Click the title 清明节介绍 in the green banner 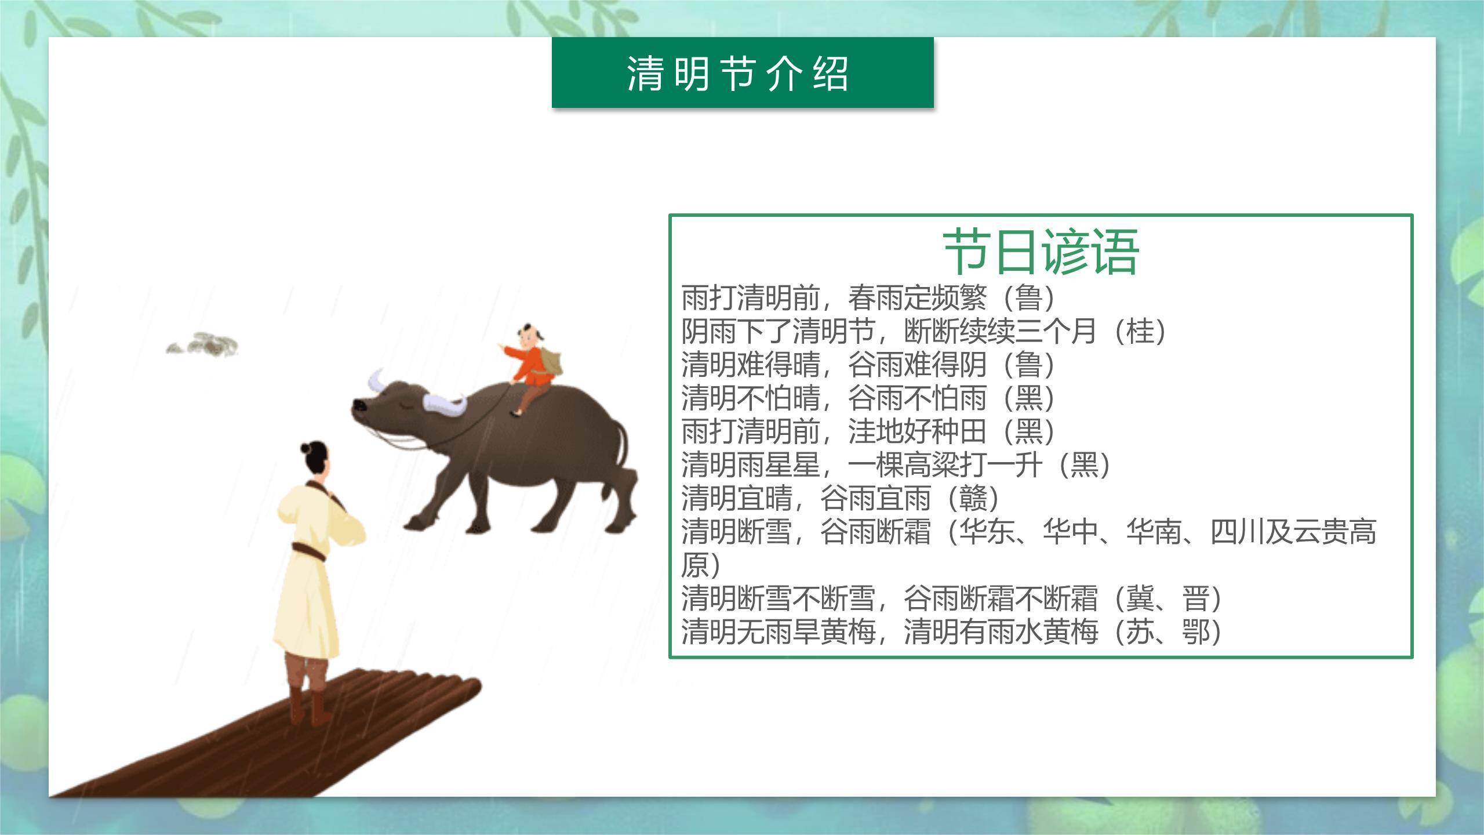click(x=737, y=74)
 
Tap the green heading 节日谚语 click(x=1041, y=252)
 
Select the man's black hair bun click(x=307, y=447)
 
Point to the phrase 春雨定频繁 click(x=916, y=298)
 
